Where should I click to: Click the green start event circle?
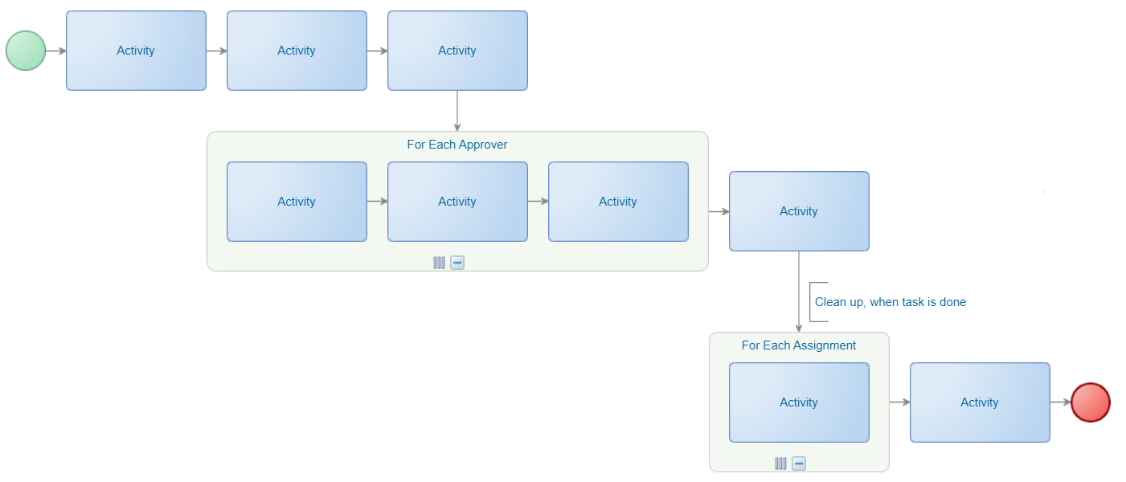coord(26,51)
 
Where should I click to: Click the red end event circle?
coord(1091,402)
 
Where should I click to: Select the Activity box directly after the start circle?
coord(136,51)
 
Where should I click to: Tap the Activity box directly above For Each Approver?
coord(457,51)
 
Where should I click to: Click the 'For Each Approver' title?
coord(457,145)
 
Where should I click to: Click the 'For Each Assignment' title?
coord(798,345)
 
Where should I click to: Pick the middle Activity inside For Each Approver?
coord(457,202)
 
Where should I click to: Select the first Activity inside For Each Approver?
coord(297,202)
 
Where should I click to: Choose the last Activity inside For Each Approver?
coord(618,202)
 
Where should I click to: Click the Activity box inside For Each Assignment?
coord(799,402)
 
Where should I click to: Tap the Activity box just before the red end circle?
coord(980,402)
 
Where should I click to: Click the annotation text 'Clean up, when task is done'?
coord(891,302)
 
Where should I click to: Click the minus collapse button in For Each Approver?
coord(457,263)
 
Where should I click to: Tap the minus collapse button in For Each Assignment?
coord(799,464)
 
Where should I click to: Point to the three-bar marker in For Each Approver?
coord(439,263)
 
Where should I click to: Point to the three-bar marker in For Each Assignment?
coord(780,464)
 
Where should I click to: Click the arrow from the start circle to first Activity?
coord(56,51)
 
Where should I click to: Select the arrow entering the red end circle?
coord(1061,402)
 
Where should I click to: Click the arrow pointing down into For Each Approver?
coord(457,111)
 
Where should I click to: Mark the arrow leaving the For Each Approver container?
coord(719,211)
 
